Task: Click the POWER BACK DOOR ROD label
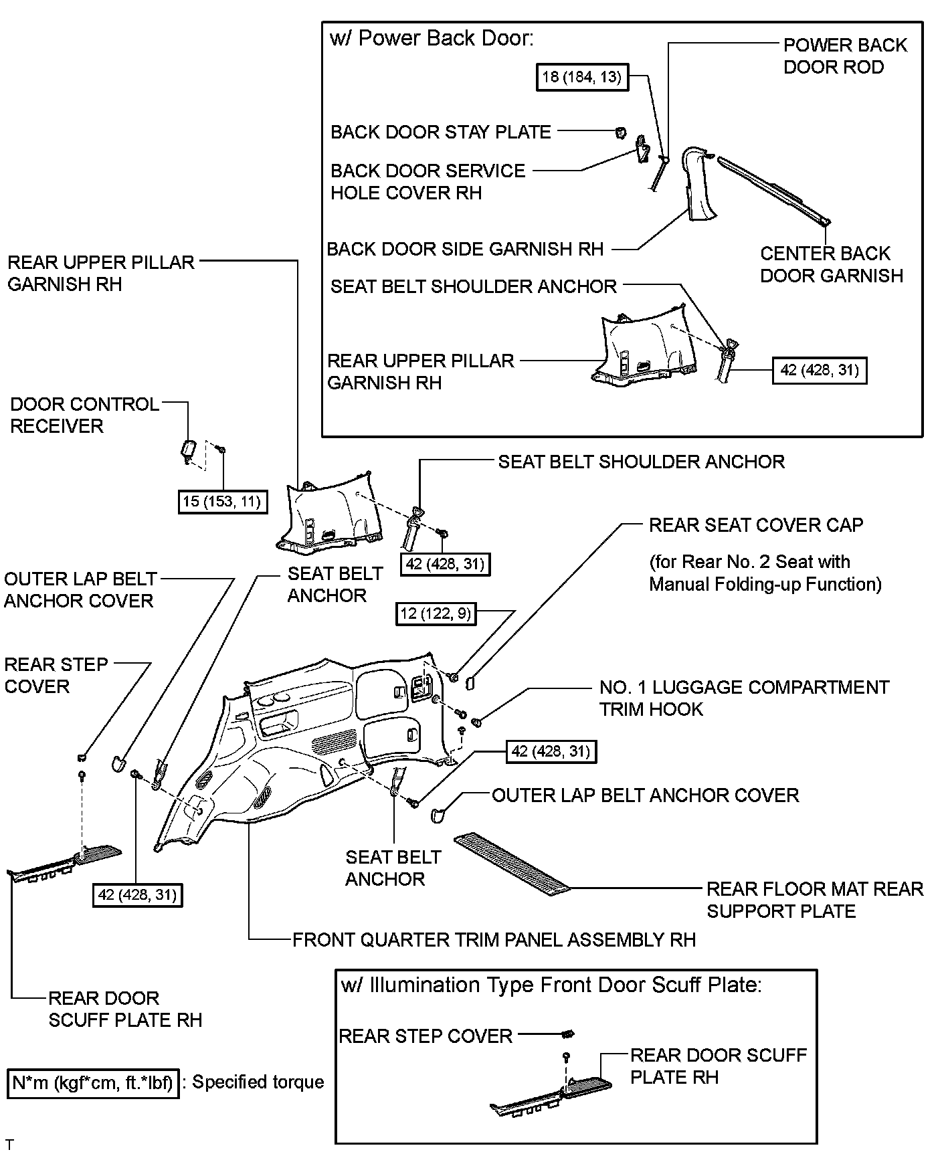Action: tap(844, 56)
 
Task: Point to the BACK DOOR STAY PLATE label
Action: tap(441, 132)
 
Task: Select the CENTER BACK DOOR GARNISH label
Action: tap(831, 264)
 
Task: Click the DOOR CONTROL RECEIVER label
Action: tap(84, 415)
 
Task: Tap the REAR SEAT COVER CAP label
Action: tap(756, 525)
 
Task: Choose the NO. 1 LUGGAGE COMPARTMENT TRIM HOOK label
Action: tap(744, 698)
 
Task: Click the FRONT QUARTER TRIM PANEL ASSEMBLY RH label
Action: tap(494, 940)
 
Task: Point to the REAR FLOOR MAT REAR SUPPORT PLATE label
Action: tap(814, 900)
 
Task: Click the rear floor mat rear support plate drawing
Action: tap(511, 862)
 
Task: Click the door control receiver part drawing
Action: tap(188, 448)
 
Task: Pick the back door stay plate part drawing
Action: tap(621, 132)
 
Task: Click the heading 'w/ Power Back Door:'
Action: tap(432, 38)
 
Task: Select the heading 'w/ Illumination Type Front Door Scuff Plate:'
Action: tap(551, 985)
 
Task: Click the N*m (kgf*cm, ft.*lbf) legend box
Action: tap(93, 1082)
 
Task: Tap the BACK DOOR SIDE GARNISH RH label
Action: tap(465, 250)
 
